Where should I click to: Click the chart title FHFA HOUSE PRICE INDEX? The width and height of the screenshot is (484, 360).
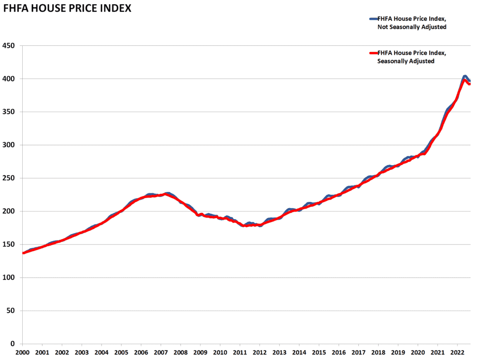[67, 9]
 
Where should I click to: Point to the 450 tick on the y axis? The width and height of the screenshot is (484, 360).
[10, 46]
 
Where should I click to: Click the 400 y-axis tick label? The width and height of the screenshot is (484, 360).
[10, 79]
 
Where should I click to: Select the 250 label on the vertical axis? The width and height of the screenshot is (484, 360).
[10, 178]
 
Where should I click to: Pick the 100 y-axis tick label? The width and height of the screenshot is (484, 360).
[10, 278]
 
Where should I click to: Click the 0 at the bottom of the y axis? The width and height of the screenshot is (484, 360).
[14, 344]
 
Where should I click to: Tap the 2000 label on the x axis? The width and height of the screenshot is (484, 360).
[22, 353]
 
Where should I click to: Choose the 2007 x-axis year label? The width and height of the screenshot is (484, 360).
[161, 353]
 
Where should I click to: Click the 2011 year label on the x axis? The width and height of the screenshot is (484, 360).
[240, 353]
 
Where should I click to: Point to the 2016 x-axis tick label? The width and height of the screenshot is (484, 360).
[338, 353]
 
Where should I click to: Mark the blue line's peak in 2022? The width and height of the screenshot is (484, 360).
[465, 76]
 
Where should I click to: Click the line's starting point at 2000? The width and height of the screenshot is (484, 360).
[23, 253]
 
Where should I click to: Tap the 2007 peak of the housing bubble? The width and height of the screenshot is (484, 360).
[166, 194]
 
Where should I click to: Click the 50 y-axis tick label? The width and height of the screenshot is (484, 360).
[12, 311]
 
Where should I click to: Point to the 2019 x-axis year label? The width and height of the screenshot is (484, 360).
[398, 353]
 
